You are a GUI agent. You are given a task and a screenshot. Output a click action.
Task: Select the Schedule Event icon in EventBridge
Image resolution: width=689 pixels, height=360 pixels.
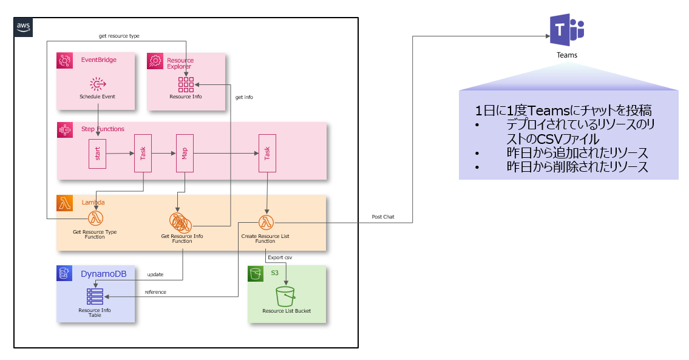(97, 84)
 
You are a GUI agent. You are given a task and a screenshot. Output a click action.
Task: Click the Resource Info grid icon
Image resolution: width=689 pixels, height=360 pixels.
(186, 84)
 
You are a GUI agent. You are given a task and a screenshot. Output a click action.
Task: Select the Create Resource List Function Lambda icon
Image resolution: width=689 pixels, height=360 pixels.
(266, 222)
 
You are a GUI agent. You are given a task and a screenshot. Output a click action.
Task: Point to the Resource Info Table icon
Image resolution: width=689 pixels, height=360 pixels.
(95, 296)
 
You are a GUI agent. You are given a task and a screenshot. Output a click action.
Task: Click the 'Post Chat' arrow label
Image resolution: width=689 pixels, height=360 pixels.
(382, 217)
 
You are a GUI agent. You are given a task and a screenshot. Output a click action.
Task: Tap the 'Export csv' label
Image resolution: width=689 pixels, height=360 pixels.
(280, 258)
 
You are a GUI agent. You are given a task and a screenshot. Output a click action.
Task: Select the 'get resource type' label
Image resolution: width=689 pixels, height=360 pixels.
(119, 36)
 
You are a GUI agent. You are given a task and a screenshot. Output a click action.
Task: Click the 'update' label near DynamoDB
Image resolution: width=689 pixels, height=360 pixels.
(155, 275)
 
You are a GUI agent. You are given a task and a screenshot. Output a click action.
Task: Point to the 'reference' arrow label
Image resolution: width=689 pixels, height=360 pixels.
(155, 292)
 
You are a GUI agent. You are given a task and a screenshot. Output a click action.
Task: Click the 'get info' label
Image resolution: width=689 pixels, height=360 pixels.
(244, 97)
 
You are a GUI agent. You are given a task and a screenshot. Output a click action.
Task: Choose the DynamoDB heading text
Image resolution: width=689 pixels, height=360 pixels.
(104, 274)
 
